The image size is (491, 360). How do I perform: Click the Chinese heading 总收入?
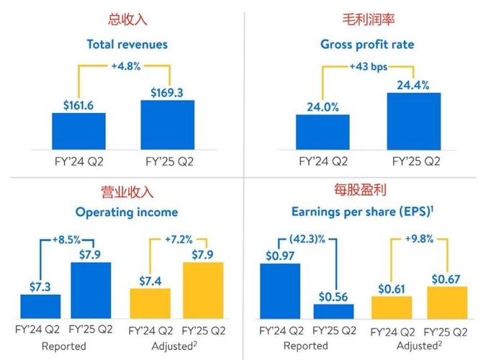point(127,19)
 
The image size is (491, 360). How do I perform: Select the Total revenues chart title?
point(127,45)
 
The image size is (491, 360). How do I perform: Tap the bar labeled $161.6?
point(79,130)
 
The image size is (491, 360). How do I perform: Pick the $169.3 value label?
point(167,92)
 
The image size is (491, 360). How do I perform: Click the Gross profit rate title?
point(367,45)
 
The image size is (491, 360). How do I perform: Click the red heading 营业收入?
point(127,192)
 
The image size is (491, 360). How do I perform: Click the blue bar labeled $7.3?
point(40,306)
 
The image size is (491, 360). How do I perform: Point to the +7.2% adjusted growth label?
point(178,239)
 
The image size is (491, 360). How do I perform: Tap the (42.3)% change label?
point(308,239)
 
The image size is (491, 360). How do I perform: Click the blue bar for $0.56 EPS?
point(333,311)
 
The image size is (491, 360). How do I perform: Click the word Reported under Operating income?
point(65,346)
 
